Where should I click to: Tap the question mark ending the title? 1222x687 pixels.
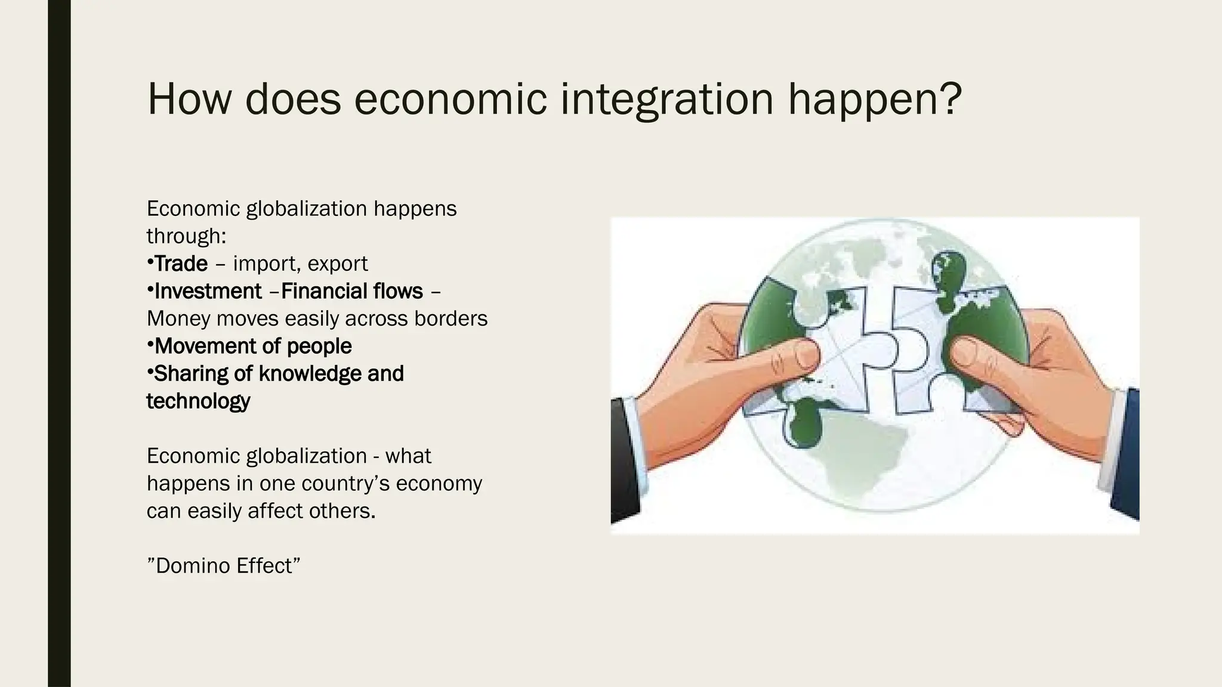click(949, 99)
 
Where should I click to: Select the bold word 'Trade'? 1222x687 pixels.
click(181, 264)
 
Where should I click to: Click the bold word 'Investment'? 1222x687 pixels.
click(208, 291)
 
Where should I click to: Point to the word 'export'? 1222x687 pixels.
click(338, 264)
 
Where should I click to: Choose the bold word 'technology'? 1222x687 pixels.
click(198, 401)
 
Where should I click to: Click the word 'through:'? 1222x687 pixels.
click(186, 236)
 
